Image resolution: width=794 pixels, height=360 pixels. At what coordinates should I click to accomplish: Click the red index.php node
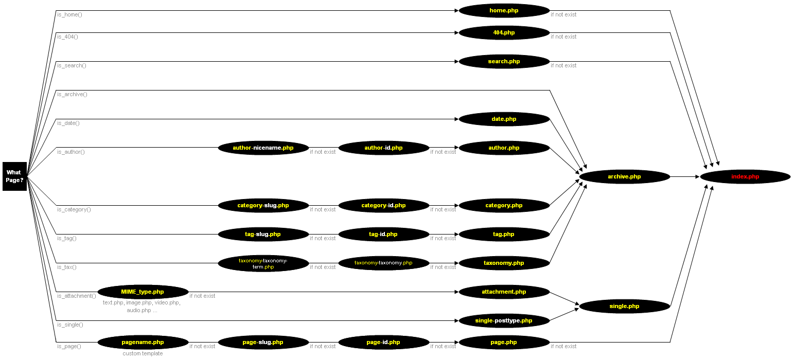pos(745,177)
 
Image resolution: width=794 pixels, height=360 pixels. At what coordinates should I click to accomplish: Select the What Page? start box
pos(14,176)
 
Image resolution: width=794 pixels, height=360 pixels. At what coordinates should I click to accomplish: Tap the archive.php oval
pos(624,177)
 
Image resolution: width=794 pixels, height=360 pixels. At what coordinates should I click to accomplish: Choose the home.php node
pos(504,10)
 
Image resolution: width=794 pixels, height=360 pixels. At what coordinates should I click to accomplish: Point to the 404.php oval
pos(504,33)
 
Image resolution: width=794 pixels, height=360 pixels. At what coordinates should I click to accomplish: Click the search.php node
pos(504,62)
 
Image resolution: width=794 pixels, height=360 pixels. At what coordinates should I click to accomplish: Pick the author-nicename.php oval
pos(263,148)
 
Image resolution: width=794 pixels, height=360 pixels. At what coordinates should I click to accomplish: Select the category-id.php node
pos(383,206)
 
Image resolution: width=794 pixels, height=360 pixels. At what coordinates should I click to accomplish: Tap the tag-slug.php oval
pos(263,235)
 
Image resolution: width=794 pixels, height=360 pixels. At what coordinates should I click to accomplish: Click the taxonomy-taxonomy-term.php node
pos(263,264)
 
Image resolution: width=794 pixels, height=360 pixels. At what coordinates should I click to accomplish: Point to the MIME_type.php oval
pos(143,292)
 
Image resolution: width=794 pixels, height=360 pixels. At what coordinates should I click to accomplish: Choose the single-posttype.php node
pos(504,321)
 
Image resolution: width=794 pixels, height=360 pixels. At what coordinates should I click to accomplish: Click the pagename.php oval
pos(143,343)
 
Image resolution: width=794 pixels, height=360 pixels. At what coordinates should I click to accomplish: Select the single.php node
pos(624,307)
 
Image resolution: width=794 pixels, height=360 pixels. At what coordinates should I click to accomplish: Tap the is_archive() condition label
pos(72,94)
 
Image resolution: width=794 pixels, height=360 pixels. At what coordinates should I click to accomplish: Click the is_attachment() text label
pos(76,296)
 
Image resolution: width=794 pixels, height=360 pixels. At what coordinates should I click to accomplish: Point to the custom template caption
pos(143,353)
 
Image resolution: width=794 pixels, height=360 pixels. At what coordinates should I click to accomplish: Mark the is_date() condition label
pos(68,123)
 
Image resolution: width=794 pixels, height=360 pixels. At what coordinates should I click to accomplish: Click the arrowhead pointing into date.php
pos(456,119)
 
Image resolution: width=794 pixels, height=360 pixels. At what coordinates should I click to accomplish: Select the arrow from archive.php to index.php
pos(685,177)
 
